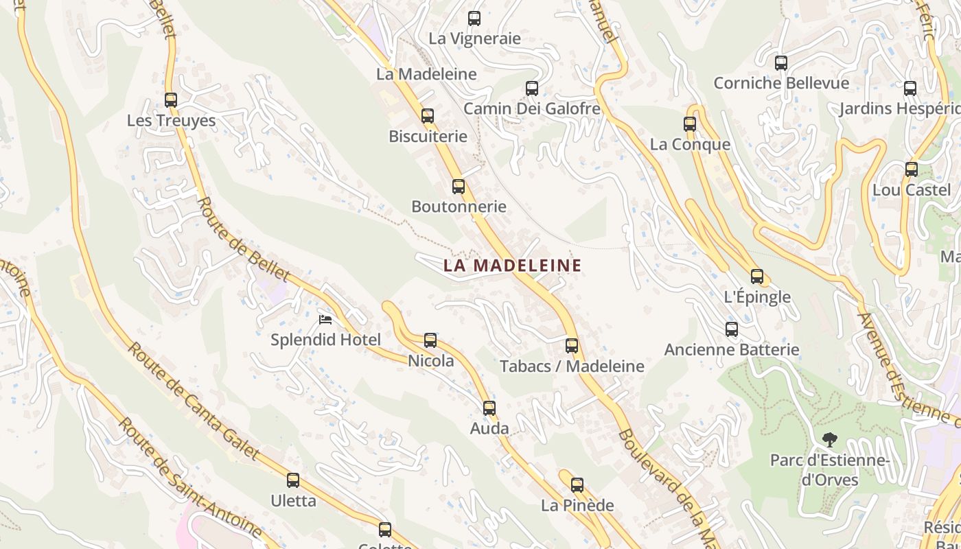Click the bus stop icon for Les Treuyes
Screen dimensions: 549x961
point(171,100)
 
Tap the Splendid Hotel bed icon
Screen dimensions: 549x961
point(325,320)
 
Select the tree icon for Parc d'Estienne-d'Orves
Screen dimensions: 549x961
point(830,439)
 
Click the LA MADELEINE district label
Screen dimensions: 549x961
point(512,266)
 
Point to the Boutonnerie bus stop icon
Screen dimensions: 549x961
point(459,186)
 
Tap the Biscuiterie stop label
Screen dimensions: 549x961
point(428,136)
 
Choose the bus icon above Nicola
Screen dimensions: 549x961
point(430,340)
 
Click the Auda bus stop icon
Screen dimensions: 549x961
point(489,408)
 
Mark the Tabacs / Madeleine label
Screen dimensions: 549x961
point(572,366)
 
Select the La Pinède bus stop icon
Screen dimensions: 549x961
point(577,484)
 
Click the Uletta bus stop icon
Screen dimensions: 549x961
point(293,480)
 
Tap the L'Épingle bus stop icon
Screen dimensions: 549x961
point(757,277)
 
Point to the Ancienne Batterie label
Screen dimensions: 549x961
point(732,349)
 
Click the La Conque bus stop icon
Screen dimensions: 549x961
point(690,124)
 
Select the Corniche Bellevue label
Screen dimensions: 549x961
point(781,83)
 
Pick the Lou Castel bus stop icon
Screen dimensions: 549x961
point(912,169)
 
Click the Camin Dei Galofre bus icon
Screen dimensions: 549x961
point(532,88)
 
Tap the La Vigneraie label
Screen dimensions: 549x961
point(474,38)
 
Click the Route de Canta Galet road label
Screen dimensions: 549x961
point(193,401)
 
